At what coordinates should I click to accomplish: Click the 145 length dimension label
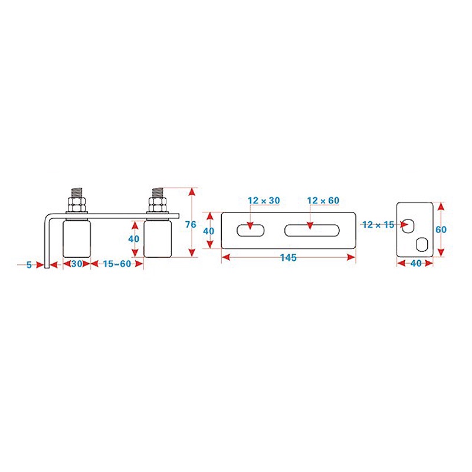pyautogui.click(x=289, y=258)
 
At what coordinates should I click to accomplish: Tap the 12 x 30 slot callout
pyautogui.click(x=264, y=201)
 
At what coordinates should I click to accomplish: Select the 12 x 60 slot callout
pyautogui.click(x=323, y=201)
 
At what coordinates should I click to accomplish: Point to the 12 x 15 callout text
pyautogui.click(x=378, y=224)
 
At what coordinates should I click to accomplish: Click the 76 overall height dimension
pyautogui.click(x=190, y=224)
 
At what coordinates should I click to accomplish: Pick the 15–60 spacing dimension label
pyautogui.click(x=116, y=264)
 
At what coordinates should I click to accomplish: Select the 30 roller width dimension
pyautogui.click(x=77, y=264)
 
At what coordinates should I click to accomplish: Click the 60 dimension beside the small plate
pyautogui.click(x=441, y=230)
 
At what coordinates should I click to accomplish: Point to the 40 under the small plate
pyautogui.click(x=415, y=264)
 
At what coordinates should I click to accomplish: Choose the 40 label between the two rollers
pyautogui.click(x=134, y=239)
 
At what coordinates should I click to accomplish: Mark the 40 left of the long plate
pyautogui.click(x=208, y=231)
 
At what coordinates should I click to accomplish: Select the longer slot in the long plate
pyautogui.click(x=313, y=230)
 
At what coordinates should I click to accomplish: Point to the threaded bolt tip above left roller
pyautogui.click(x=77, y=192)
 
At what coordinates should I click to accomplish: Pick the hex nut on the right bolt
pyautogui.click(x=158, y=204)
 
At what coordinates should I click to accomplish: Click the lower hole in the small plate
pyautogui.click(x=422, y=244)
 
